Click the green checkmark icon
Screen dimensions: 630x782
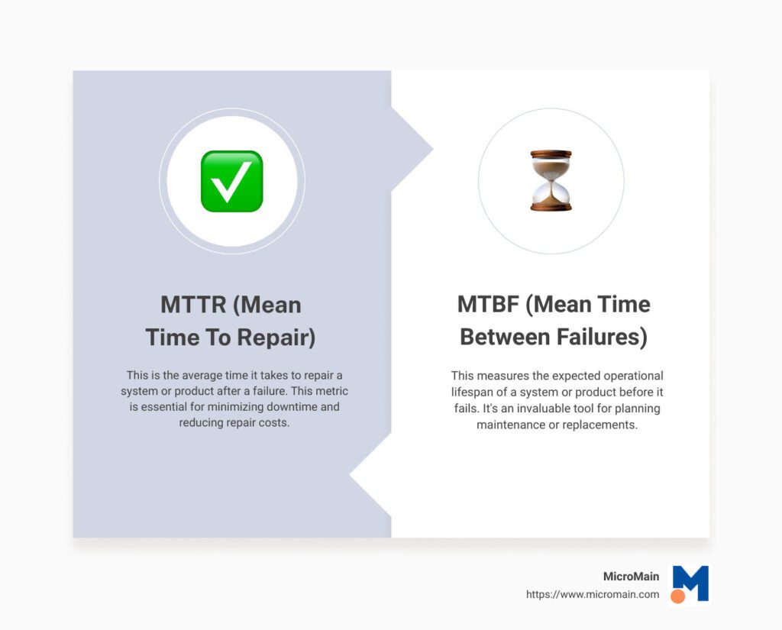pyautogui.click(x=231, y=181)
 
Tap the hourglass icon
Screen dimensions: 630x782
pyautogui.click(x=551, y=181)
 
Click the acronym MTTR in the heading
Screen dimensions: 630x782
pyautogui.click(x=192, y=305)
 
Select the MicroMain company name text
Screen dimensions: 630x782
pyautogui.click(x=631, y=577)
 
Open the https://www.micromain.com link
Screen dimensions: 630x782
pyautogui.click(x=592, y=594)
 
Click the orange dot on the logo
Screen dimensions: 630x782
pyautogui.click(x=677, y=596)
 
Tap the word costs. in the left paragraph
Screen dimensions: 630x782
pyautogui.click(x=274, y=422)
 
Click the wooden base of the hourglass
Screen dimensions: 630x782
pyautogui.click(x=551, y=206)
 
